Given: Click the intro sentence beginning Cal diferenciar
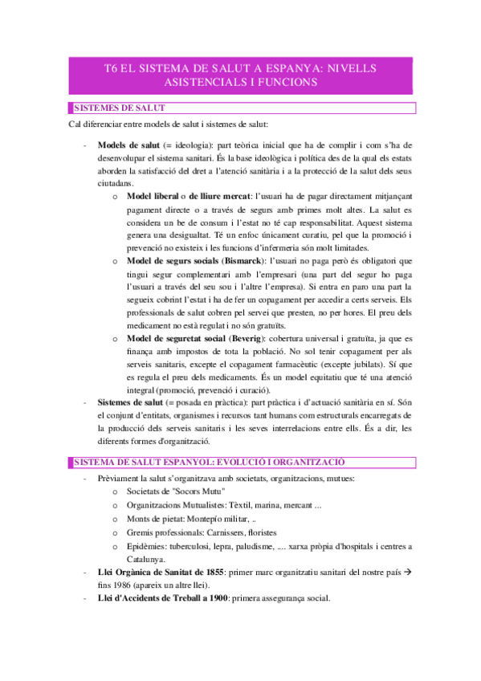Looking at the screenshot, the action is tap(169, 125).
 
